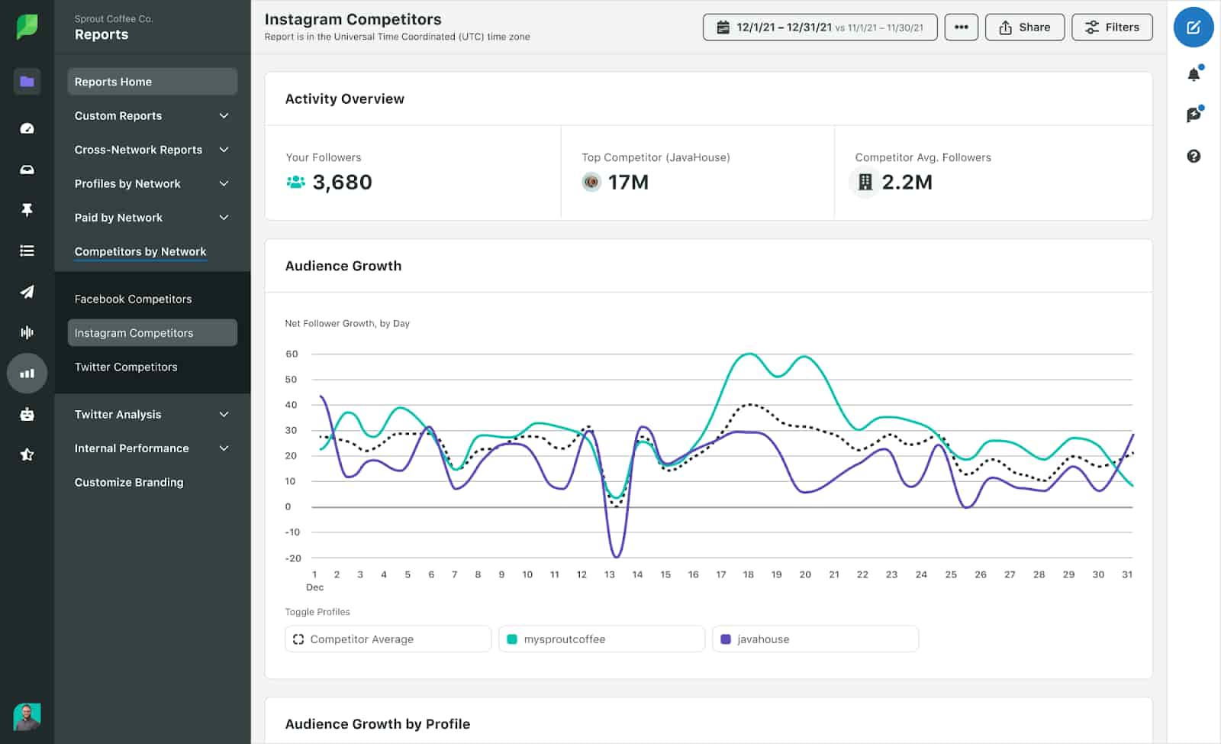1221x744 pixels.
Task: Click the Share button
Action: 1024,27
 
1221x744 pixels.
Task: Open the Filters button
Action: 1112,27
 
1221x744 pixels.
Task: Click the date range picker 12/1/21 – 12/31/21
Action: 820,27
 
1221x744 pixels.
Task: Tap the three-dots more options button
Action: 961,27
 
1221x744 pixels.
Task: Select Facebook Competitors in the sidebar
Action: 133,299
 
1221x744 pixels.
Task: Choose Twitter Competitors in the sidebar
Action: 126,367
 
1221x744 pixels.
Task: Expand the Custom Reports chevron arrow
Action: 224,116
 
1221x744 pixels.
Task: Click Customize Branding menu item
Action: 129,482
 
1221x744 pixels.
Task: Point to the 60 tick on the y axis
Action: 292,354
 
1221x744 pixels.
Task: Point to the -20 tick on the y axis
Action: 293,558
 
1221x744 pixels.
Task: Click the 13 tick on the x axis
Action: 609,574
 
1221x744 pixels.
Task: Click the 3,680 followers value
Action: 342,183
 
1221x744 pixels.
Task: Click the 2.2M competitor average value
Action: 907,183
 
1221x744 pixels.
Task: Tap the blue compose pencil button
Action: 1193,27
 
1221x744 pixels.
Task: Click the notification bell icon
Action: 1194,74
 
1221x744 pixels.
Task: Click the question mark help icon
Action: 1194,156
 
